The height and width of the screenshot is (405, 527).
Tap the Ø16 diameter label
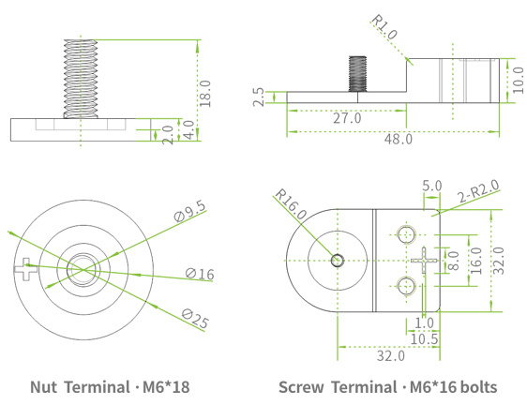[200, 274]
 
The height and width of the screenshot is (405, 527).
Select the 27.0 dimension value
[347, 119]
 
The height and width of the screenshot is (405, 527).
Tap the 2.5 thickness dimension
[259, 98]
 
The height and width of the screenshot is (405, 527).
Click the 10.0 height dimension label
[519, 78]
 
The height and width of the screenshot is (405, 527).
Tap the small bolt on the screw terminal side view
[357, 72]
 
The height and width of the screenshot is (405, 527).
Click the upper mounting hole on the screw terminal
[406, 232]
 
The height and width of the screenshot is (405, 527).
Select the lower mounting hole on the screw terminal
[406, 285]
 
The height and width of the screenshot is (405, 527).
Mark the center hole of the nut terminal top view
[80, 270]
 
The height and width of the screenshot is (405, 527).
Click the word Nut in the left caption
[44, 386]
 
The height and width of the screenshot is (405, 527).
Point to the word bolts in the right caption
[475, 386]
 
